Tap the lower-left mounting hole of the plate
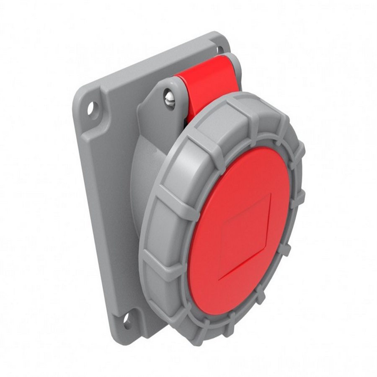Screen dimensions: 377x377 (x=127, y=321)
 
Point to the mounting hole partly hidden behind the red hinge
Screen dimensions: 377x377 (x=219, y=50)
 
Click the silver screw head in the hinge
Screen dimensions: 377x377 (x=169, y=100)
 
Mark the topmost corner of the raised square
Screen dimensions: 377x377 (x=270, y=194)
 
